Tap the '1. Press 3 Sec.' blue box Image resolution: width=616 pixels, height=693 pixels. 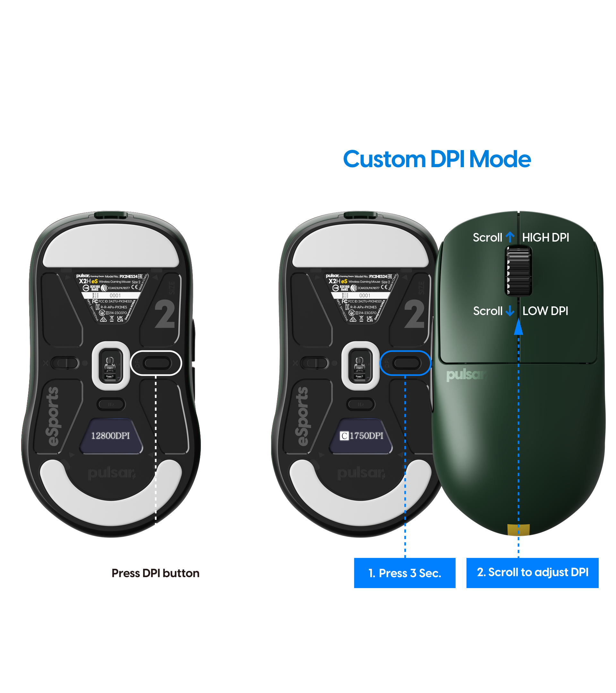(405, 573)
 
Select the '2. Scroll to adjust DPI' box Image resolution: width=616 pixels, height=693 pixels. (532, 572)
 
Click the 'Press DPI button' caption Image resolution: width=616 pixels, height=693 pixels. (155, 573)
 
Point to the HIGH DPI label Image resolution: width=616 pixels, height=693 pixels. (545, 237)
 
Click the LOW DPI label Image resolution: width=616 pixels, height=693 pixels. (545, 311)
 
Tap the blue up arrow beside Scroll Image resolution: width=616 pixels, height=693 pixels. (510, 237)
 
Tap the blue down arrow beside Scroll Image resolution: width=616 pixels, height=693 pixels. (509, 311)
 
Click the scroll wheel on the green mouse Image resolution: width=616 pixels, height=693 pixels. (518, 270)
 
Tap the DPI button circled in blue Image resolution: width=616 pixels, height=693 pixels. (406, 363)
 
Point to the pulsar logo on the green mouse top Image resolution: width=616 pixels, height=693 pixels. (466, 375)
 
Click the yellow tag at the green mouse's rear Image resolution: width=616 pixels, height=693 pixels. (518, 530)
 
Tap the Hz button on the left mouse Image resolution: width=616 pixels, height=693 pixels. (111, 404)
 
